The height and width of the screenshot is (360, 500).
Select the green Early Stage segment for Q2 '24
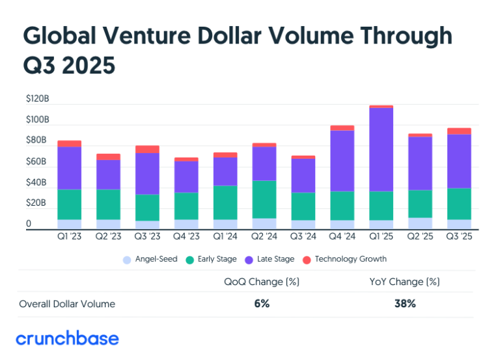[264, 199]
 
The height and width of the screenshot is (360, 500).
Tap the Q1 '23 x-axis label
[70, 237]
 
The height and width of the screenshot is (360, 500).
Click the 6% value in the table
[262, 303]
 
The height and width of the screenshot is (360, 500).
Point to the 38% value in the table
[405, 303]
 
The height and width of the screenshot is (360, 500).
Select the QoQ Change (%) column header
[262, 282]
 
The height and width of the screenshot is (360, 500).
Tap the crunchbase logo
[67, 339]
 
